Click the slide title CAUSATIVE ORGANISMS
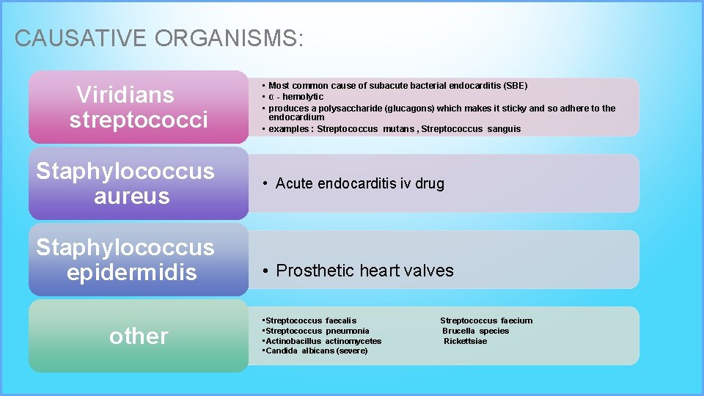pyautogui.click(x=158, y=38)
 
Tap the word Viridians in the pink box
pyautogui.click(x=125, y=95)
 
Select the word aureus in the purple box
pyautogui.click(x=132, y=197)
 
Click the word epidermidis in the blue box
pyautogui.click(x=132, y=273)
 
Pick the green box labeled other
pyautogui.click(x=139, y=336)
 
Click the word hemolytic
pyautogui.click(x=303, y=97)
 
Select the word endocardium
pyautogui.click(x=296, y=117)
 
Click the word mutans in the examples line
pyautogui.click(x=398, y=129)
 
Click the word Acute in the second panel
pyautogui.click(x=296, y=184)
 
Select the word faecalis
pyautogui.click(x=341, y=320)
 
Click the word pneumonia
pyautogui.click(x=348, y=331)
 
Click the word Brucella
pyautogui.click(x=460, y=331)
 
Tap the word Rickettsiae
pyautogui.click(x=466, y=341)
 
